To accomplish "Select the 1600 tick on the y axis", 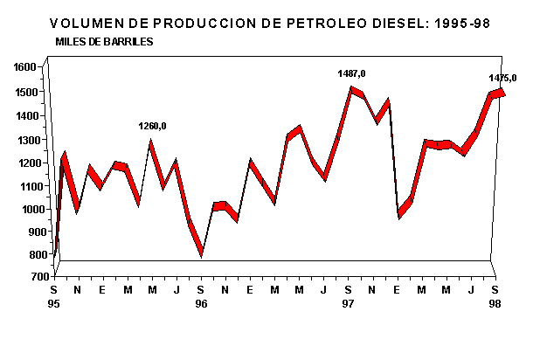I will click(x=24, y=67).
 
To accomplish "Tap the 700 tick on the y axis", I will click(x=27, y=277).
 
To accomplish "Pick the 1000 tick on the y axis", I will click(x=24, y=210).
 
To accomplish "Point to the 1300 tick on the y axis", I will click(x=24, y=140).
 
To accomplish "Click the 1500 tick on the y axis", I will click(x=24, y=92).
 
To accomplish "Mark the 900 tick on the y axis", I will click(x=27, y=232).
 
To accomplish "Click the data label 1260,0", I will click(x=152, y=126).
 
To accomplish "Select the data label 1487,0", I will click(x=351, y=73).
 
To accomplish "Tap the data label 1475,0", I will click(x=502, y=78).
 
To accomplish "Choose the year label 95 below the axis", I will click(x=54, y=303).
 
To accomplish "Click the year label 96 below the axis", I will click(x=201, y=303).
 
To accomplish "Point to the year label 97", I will click(x=349, y=303).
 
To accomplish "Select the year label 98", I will click(x=495, y=303).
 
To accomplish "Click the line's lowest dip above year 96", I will click(x=202, y=253).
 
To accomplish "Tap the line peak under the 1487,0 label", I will click(x=351, y=88).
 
